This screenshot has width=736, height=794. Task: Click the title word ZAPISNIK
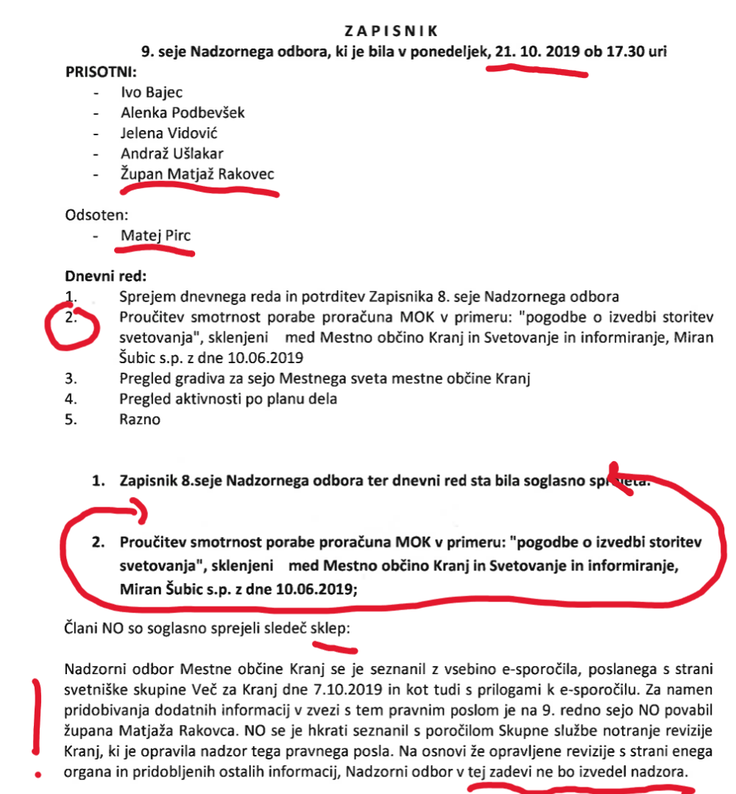pos(391,31)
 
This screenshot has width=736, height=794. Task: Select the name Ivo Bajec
pos(152,93)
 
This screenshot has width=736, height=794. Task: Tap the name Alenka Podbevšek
pos(183,112)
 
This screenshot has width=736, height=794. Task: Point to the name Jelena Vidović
pos(169,133)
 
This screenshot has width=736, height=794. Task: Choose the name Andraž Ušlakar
pos(172,154)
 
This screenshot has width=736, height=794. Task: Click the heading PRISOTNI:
pos(101,72)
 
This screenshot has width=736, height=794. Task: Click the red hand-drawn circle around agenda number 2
pos(72,328)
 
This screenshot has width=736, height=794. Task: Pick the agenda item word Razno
pos(140,420)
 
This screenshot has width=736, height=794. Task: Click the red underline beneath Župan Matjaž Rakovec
pos(199,190)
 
